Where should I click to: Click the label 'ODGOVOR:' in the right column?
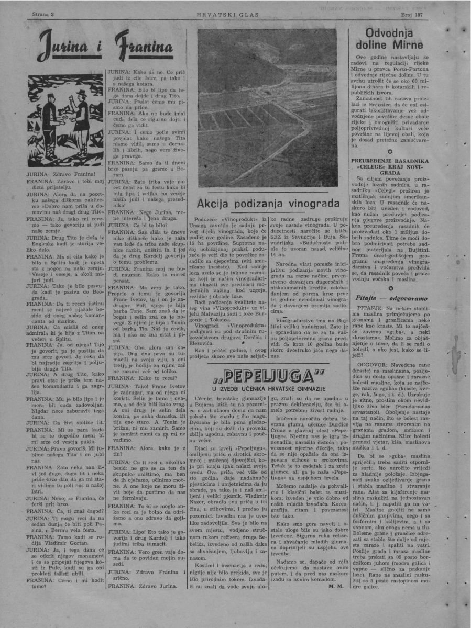[x=374, y=363]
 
